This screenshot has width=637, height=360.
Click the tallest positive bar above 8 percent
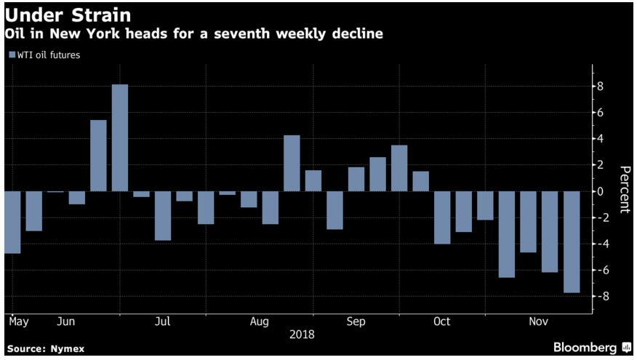[120, 138]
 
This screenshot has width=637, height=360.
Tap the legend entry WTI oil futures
[46, 55]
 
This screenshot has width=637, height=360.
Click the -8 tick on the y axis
[600, 297]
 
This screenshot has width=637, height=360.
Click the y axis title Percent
[623, 189]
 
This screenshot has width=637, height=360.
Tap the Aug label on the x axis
[259, 321]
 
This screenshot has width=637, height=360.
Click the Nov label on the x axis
[538, 321]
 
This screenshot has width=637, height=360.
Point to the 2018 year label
[303, 335]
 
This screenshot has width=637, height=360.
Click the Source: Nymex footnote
[45, 349]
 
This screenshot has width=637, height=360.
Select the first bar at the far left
[12, 222]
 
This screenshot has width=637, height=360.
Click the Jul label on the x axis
[163, 321]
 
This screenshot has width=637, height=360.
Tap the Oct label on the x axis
[441, 321]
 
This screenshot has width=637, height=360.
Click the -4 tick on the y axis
[600, 244]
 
